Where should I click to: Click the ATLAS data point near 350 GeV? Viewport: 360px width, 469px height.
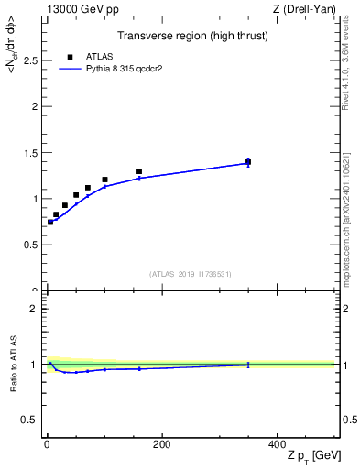click(248, 161)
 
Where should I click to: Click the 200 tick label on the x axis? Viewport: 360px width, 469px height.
click(161, 445)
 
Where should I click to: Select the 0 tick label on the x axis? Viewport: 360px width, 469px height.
click(47, 445)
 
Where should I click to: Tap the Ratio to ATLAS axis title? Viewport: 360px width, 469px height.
click(14, 364)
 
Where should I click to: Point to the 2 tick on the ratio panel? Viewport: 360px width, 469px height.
click(33, 309)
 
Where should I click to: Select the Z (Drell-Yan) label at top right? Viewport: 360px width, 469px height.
click(310, 9)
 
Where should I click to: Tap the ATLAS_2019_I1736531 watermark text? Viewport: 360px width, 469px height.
click(190, 274)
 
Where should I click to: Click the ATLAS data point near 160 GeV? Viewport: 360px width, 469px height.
click(139, 171)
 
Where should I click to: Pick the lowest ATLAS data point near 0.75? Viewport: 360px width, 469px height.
click(50, 222)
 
